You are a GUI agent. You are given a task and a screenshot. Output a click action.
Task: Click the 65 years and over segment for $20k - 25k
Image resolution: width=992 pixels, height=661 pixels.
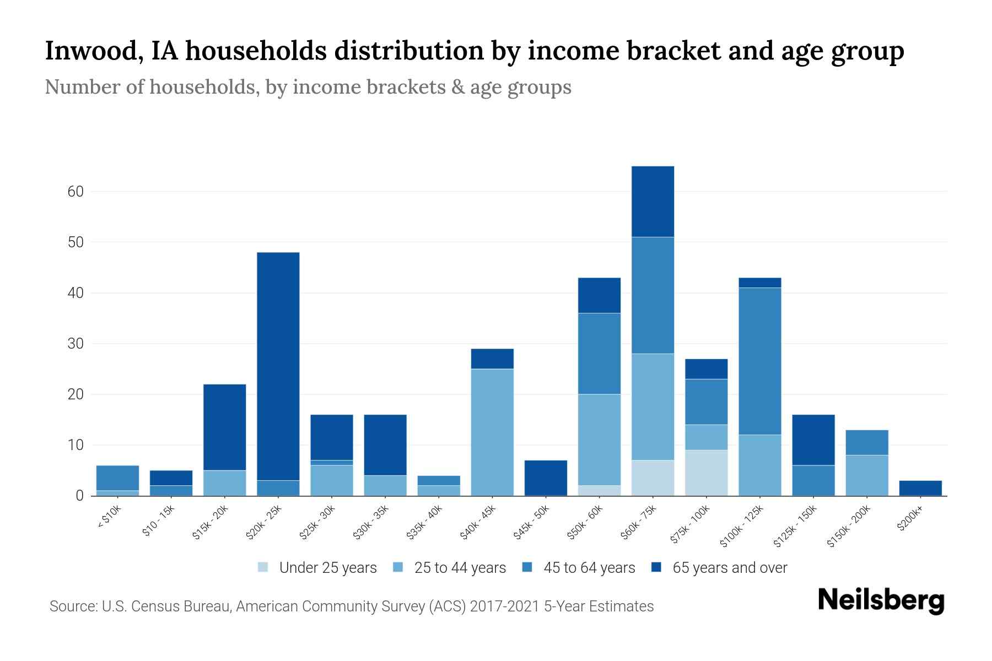click(x=278, y=366)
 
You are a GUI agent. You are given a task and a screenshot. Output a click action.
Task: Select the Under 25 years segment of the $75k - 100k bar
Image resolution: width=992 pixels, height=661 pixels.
click(x=706, y=473)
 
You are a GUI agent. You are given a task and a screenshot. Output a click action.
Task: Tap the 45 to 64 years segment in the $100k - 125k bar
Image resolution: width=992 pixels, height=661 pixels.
click(x=759, y=361)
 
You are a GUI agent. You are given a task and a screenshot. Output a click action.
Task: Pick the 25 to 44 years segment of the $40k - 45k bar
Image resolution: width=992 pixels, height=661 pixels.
click(x=492, y=432)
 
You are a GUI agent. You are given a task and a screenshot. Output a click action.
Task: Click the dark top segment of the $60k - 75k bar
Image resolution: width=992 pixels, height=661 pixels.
click(x=653, y=202)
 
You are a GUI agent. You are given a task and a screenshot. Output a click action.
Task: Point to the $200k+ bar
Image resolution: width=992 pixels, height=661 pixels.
click(x=920, y=488)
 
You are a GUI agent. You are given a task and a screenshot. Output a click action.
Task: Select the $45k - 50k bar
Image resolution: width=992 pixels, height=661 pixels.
click(x=546, y=478)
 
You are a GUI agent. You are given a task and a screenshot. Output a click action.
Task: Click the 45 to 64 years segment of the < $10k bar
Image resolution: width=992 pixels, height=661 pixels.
click(x=117, y=478)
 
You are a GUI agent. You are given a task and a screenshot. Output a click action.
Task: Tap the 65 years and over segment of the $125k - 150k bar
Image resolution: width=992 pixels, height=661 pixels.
click(x=813, y=440)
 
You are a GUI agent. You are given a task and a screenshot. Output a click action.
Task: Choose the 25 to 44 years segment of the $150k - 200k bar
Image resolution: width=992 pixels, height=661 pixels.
click(x=866, y=475)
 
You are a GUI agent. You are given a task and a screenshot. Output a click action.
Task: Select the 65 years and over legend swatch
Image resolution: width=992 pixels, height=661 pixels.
click(x=656, y=567)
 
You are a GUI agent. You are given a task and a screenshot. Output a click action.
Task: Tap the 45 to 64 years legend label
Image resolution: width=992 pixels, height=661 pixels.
click(x=589, y=568)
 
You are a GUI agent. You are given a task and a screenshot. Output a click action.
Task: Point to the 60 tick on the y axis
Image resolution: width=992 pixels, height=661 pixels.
click(x=76, y=192)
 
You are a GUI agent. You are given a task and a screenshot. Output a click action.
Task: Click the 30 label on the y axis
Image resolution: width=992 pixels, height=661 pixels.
click(x=76, y=344)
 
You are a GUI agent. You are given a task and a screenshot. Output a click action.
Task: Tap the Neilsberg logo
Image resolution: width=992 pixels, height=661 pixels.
click(x=881, y=600)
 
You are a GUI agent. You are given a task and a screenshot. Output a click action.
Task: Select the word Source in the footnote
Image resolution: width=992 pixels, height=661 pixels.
click(x=72, y=606)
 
